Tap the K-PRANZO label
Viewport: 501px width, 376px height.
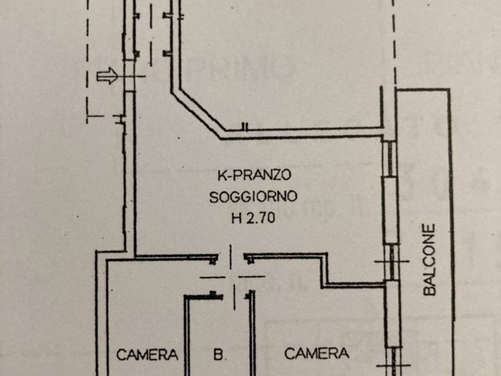pos(254,175)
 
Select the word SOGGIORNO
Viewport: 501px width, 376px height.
pos(253,196)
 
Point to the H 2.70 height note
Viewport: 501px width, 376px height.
pos(253,217)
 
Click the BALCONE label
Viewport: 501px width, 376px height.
pos(429,259)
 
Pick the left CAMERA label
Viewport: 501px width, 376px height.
pos(147,355)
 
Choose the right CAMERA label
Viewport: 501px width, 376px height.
pos(316,353)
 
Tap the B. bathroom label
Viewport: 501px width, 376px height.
pos(220,355)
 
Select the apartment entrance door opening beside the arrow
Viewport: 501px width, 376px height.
pos(129,76)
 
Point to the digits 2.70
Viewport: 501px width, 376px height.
pos(260,217)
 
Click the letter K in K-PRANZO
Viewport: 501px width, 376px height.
pos(222,175)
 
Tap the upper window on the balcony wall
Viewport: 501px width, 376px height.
pos(390,159)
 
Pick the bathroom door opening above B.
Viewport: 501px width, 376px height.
pos(234,296)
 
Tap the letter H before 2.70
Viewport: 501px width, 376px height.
pos(236,217)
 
